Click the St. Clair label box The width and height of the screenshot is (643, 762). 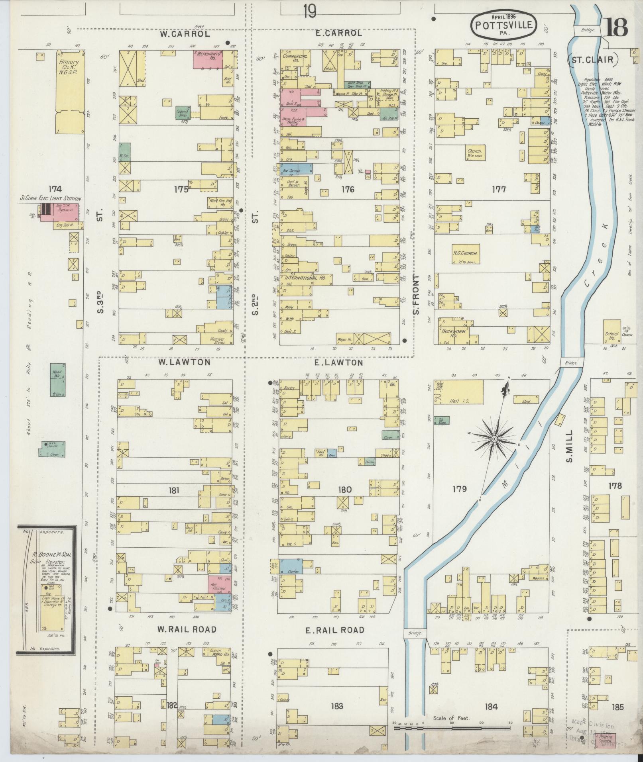pos(593,61)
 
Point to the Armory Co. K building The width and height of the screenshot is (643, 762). pos(70,91)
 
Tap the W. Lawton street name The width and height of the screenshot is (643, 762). pos(178,362)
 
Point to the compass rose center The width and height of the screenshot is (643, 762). pos(494,439)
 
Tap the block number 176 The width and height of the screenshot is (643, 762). pos(347,190)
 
